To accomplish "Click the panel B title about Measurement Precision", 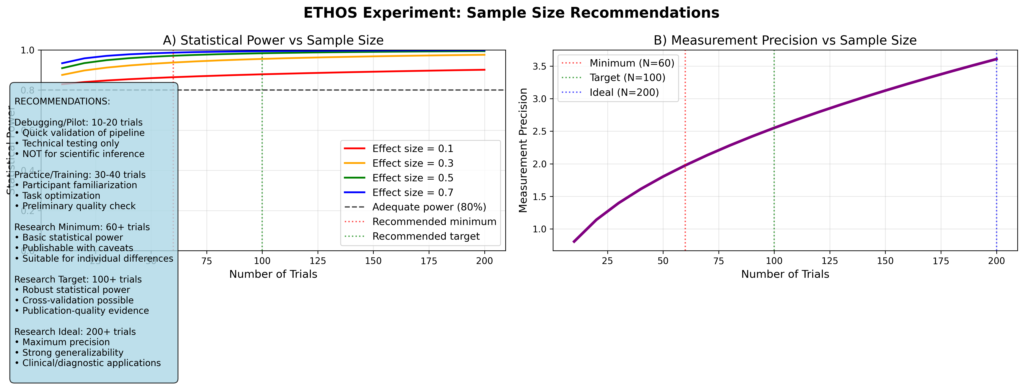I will [785, 40].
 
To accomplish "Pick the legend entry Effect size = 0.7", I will [413, 192].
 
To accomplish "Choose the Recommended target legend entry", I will [426, 237].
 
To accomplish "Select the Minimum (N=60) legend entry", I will [632, 63].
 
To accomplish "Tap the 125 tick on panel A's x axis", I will [318, 261].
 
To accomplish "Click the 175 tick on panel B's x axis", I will [941, 261].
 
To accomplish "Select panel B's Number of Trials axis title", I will [785, 274].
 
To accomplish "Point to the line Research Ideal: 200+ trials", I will [75, 332].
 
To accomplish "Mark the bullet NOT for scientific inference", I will [83, 154].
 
